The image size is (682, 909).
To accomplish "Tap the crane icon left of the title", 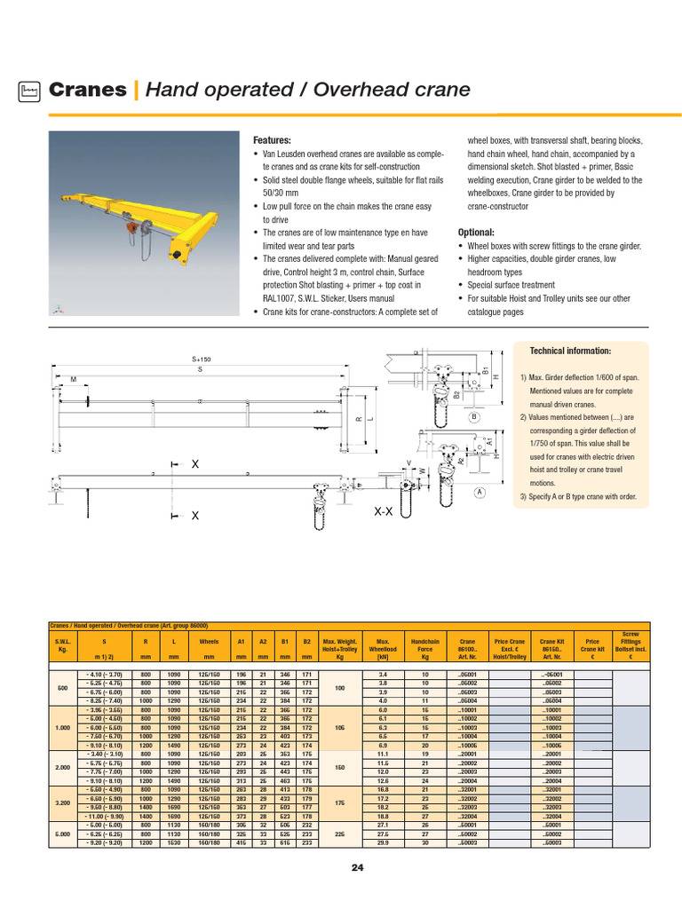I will [x=30, y=90].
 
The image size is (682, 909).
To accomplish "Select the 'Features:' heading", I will [x=273, y=141].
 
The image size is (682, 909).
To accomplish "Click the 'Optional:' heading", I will [x=477, y=231].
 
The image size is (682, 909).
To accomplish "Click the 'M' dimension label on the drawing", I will [x=74, y=381].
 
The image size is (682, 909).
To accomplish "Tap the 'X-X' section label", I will [x=384, y=512].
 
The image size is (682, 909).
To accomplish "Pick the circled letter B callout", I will [x=474, y=416].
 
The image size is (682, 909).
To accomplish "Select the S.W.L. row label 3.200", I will [x=62, y=802].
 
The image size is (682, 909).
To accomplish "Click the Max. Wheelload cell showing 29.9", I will [x=384, y=842].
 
